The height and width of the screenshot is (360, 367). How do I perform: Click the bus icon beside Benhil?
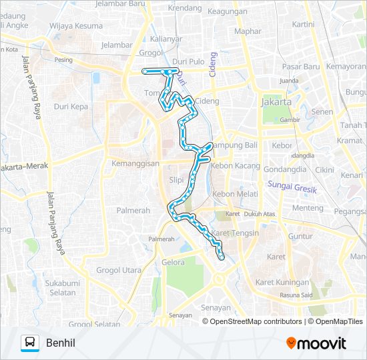click(30, 343)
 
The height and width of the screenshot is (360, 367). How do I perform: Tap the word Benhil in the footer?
click(61, 343)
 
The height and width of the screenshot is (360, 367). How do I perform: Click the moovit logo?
click(316, 343)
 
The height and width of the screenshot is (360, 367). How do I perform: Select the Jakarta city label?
click(276, 103)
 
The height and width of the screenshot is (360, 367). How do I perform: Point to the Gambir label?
click(290, 120)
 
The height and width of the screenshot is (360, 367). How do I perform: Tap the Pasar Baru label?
click(302, 67)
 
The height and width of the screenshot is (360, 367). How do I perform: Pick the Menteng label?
click(308, 208)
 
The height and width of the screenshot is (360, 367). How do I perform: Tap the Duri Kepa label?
click(71, 106)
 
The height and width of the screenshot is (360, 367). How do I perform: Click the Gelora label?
click(173, 262)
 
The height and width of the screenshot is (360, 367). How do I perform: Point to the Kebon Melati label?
click(235, 193)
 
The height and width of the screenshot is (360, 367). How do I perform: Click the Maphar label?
click(248, 31)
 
